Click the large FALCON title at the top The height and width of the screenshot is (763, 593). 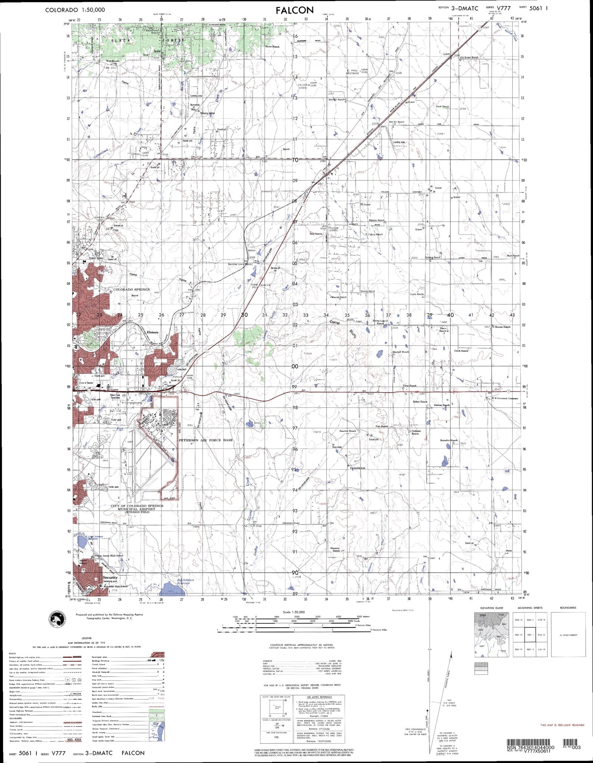(295, 10)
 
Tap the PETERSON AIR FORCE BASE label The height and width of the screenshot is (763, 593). (206, 440)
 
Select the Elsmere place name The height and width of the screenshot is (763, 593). (153, 332)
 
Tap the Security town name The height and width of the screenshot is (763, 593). (110, 577)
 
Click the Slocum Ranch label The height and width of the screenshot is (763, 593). (503, 327)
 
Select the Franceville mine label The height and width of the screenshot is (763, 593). (358, 468)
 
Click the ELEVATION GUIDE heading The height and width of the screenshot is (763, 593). (492, 608)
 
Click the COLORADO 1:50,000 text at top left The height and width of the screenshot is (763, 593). (75, 10)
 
